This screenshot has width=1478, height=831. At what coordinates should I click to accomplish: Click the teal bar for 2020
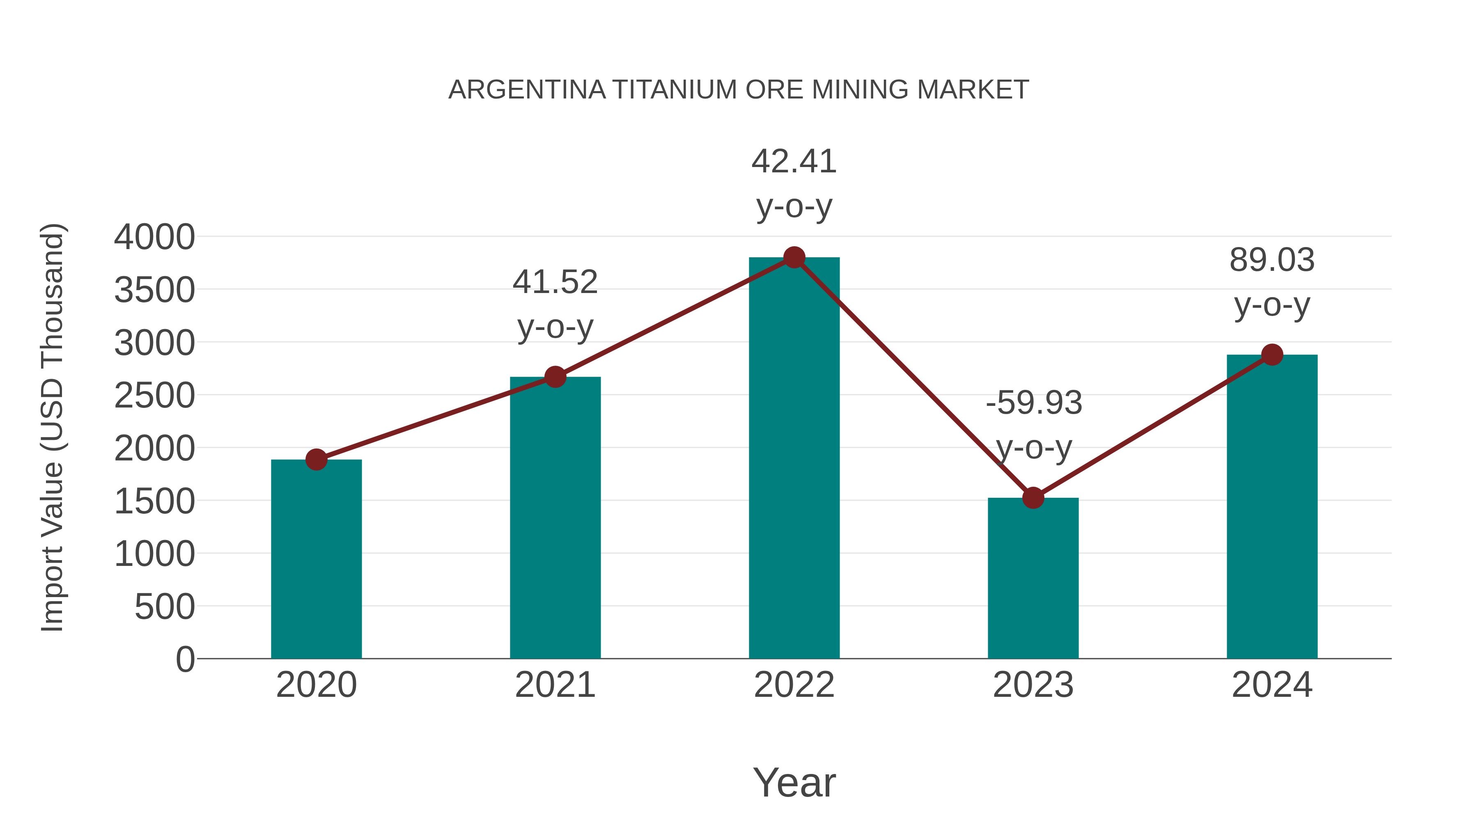click(x=316, y=559)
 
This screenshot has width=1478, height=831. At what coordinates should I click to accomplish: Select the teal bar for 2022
click(x=794, y=459)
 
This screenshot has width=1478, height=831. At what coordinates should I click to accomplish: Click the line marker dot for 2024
click(x=1272, y=355)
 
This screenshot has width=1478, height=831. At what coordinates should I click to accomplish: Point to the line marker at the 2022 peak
click(x=794, y=257)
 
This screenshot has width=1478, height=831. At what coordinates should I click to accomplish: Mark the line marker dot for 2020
click(x=316, y=459)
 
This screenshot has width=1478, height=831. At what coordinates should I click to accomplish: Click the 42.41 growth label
click(x=794, y=161)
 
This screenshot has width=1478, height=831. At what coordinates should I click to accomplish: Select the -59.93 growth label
click(x=1034, y=403)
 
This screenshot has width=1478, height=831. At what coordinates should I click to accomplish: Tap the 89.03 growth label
click(x=1272, y=260)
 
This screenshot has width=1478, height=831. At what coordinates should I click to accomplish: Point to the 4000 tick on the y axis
click(x=154, y=237)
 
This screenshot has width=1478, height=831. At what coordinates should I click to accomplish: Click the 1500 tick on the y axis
click(x=154, y=501)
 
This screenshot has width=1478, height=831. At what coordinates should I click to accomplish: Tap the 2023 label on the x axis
click(x=1033, y=685)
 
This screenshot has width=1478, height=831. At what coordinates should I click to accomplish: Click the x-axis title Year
click(x=794, y=782)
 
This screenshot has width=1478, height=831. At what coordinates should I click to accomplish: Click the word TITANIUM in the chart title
click(x=675, y=89)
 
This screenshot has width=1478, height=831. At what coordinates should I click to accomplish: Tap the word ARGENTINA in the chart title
click(x=527, y=89)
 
